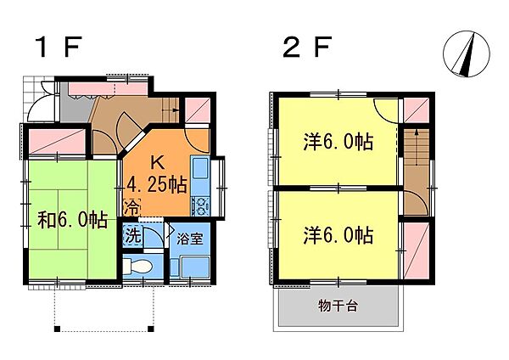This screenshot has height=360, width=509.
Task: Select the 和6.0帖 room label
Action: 72,220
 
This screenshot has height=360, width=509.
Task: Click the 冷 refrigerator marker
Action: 132,206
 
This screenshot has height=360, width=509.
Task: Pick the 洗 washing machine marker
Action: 132,235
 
